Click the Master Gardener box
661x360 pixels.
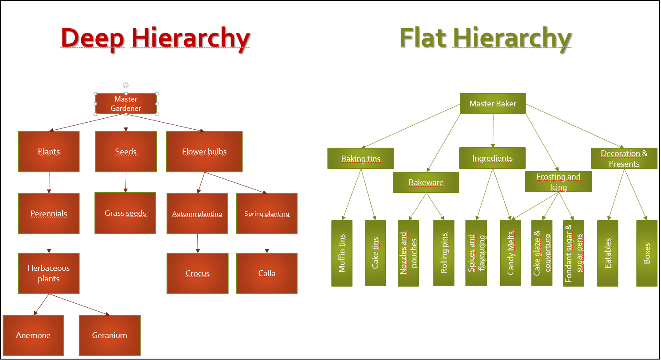(126, 104)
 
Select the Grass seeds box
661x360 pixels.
(125, 213)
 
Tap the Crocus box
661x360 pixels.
(197, 273)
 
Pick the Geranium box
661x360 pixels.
(109, 335)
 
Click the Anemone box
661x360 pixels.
(33, 335)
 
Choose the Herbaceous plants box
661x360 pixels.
(49, 273)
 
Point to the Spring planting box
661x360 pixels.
(267, 214)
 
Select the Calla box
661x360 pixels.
(267, 273)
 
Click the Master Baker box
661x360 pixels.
(493, 104)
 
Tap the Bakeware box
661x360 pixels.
(426, 182)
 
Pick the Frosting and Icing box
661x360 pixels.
(558, 182)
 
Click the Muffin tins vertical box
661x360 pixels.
(342, 253)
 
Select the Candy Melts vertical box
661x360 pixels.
(511, 253)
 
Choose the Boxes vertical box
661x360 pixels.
(646, 253)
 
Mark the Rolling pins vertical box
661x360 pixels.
(444, 253)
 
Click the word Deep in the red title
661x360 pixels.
(92, 38)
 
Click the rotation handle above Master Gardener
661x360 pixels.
(126, 85)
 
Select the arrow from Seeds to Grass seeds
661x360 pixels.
(126, 182)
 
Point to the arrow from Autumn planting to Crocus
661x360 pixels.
(198, 244)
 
